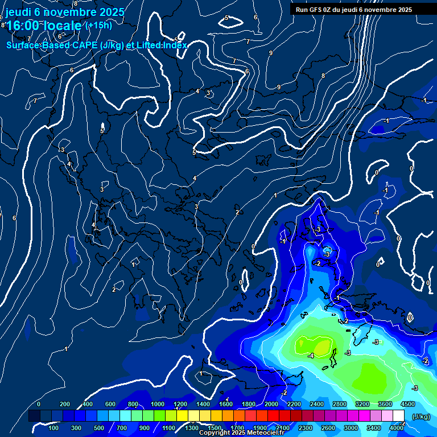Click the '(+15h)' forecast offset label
(x=98, y=26)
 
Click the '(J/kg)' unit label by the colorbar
(x=421, y=417)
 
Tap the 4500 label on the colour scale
(x=407, y=404)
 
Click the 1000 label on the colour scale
(x=158, y=404)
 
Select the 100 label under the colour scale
(x=53, y=428)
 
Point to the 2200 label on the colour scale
(x=294, y=404)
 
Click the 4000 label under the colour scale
(x=397, y=428)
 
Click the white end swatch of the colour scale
(x=398, y=416)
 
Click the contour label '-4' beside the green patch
(x=310, y=356)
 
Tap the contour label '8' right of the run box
(x=323, y=76)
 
